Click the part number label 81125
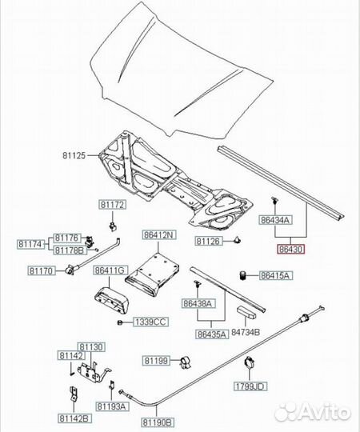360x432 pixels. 74,155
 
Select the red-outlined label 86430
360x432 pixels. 291,249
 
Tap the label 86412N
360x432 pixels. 159,234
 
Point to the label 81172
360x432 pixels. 112,205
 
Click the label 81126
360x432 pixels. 208,241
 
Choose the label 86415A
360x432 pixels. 276,275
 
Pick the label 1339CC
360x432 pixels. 150,322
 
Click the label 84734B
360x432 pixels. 245,332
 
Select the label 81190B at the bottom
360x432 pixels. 158,422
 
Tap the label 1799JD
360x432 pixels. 250,386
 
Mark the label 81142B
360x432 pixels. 74,418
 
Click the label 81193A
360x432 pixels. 112,406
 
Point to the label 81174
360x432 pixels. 31,244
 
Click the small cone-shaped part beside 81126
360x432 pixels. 237,240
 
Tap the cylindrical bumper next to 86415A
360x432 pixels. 242,275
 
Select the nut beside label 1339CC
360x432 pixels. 119,322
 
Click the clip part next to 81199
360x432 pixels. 186,362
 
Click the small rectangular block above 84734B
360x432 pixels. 246,312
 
